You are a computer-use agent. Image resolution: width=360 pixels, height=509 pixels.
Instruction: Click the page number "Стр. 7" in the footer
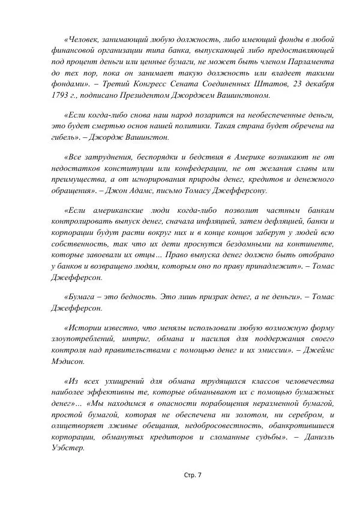pos(193,475)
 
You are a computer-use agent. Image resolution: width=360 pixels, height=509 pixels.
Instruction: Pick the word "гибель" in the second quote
pos(64,137)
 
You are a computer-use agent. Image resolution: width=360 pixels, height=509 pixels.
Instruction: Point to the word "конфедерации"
pos(169,168)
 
